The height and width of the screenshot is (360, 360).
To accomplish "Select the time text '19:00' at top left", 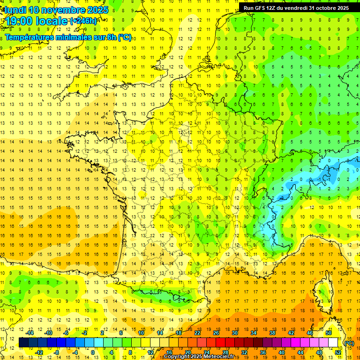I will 19,21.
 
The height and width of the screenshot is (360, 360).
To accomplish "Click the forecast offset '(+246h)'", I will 83,21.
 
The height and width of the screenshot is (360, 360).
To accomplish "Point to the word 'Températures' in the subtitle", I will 29,37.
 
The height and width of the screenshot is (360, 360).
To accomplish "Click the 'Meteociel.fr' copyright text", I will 222,357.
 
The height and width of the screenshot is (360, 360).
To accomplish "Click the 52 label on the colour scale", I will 338,352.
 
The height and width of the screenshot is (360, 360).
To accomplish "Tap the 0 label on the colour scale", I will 93,352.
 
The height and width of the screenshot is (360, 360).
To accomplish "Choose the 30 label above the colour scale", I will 234,333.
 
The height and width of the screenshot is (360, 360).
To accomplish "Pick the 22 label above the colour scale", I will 197,333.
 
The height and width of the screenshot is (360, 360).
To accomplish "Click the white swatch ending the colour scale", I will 333,343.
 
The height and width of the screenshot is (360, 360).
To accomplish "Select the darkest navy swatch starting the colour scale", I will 23,343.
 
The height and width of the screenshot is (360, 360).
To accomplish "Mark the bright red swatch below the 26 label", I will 220,343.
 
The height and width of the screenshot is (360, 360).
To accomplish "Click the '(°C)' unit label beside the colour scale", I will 349,343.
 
